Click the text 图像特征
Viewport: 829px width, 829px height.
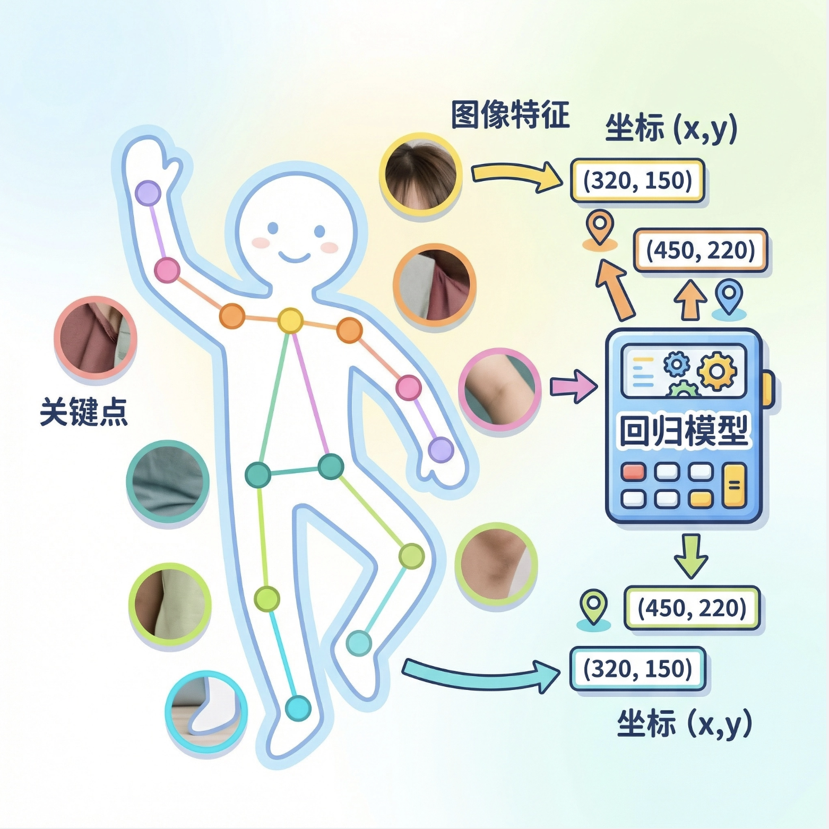pos(510,115)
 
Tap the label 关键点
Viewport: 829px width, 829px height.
pos(84,412)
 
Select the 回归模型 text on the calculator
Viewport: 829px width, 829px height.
pos(684,430)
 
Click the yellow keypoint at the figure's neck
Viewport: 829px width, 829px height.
pos(290,321)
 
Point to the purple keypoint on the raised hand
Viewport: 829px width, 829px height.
pos(148,193)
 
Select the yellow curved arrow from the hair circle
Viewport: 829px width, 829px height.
pos(515,176)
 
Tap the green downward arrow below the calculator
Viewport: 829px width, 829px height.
pos(690,556)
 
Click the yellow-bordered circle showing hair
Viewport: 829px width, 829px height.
pos(420,175)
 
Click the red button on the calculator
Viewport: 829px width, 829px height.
pos(633,471)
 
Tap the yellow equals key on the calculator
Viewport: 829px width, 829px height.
pos(735,485)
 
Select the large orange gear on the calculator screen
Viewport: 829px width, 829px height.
pos(716,371)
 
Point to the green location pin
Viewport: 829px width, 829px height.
pos(594,606)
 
